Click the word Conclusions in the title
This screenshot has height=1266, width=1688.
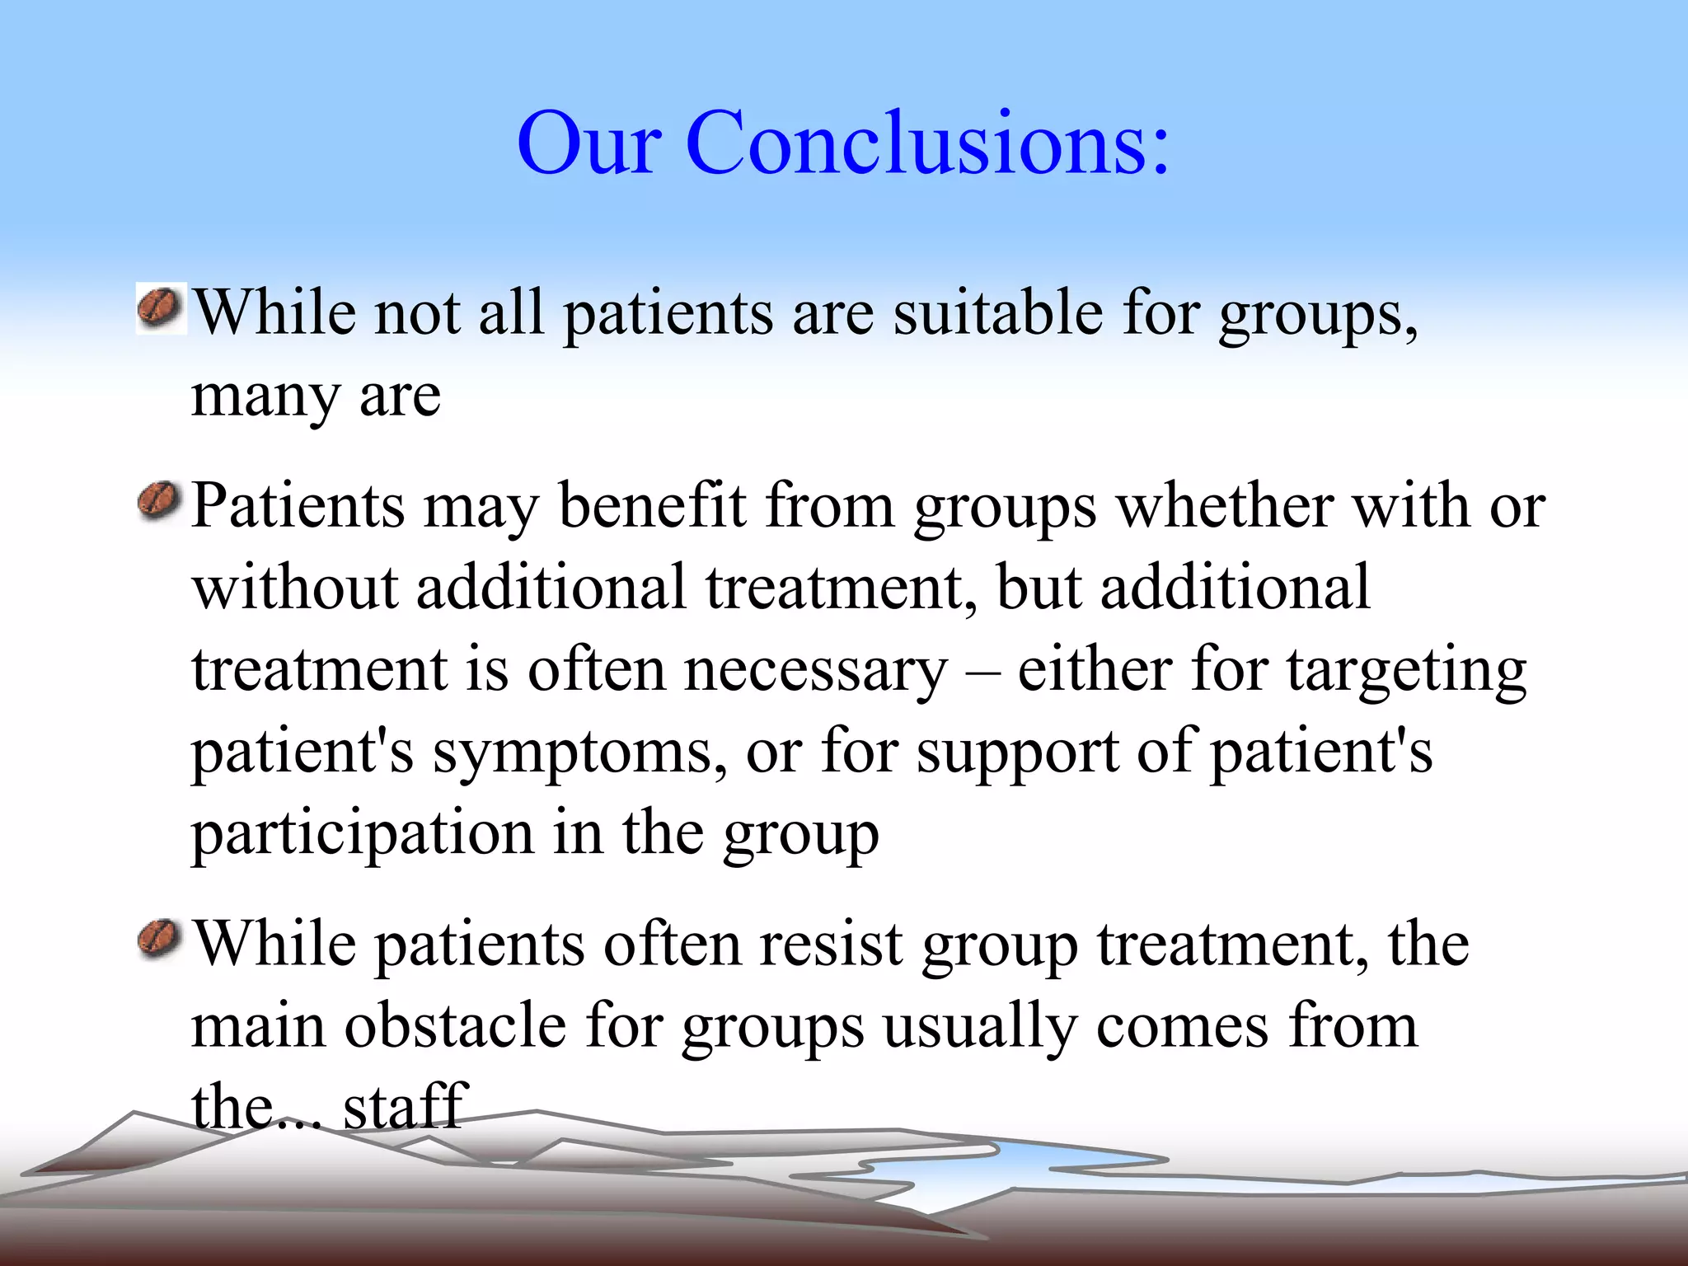tap(927, 143)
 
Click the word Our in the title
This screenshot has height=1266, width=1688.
tap(588, 143)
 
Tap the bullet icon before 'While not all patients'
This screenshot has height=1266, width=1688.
tap(160, 309)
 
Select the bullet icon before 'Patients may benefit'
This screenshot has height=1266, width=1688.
tap(158, 502)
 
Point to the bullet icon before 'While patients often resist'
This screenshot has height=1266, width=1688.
tap(158, 940)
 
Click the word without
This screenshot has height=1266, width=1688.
tap(294, 588)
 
